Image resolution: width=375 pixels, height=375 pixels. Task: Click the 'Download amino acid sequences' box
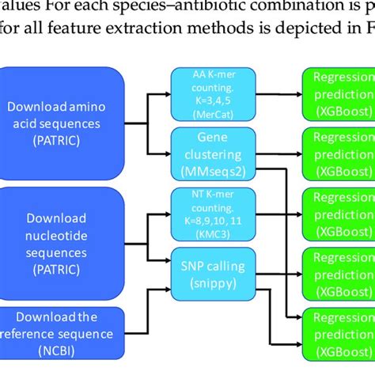click(64, 122)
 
